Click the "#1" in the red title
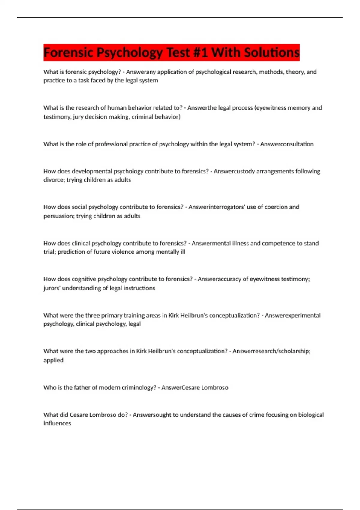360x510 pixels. [199, 52]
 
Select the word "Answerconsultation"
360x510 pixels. [287, 144]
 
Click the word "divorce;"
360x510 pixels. [54, 180]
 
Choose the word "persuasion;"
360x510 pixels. [59, 216]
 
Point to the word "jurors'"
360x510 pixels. [52, 288]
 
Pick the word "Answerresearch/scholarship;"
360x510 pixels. [271, 351]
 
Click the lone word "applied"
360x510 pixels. [53, 360]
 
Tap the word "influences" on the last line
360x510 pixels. [57, 423]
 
